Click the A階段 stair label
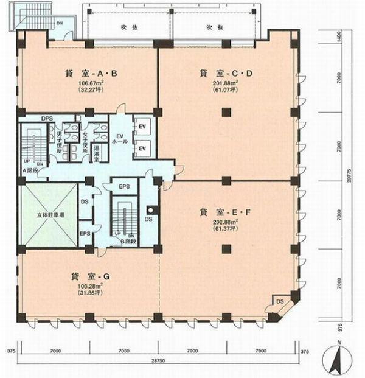pos(30,171)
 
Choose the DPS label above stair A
pos(46,118)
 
